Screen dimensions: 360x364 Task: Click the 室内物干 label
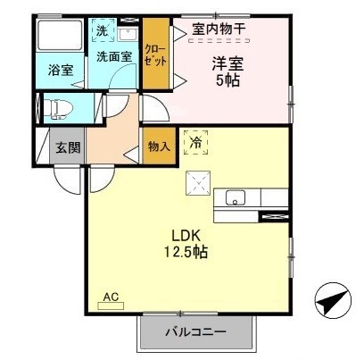[219, 29]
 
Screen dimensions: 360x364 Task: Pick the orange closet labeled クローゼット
[155, 55]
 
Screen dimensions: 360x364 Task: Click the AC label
[110, 297]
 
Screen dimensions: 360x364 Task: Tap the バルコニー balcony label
[194, 333]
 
